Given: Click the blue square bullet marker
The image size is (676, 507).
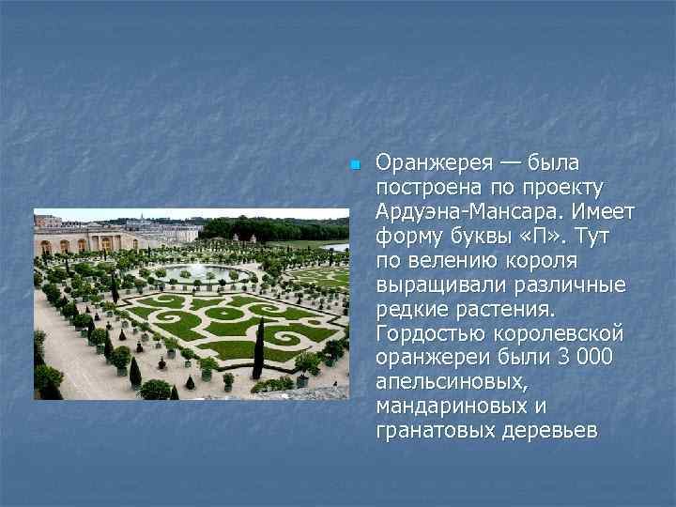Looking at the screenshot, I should click(x=354, y=165).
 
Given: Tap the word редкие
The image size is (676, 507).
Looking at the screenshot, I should click(x=407, y=309).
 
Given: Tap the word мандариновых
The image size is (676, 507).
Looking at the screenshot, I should click(x=449, y=407).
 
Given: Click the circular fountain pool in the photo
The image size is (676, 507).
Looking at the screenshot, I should click(x=198, y=272).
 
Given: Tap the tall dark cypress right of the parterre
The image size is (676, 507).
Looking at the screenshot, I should click(x=259, y=350).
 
